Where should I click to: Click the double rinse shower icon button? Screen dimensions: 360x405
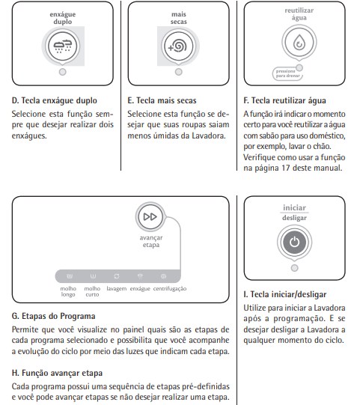(x=63, y=46)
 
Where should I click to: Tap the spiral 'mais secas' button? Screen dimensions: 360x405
(x=178, y=46)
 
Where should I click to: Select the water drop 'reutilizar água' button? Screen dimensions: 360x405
(x=299, y=42)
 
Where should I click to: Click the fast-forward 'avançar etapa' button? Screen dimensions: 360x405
(x=150, y=216)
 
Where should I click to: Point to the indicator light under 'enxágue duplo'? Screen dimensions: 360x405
(x=63, y=72)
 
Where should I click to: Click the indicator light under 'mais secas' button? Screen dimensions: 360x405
(x=178, y=72)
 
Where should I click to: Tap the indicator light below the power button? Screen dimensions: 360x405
(x=294, y=268)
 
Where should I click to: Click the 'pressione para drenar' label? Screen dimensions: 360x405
(x=287, y=73)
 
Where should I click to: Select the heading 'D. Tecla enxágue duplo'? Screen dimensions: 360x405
(x=54, y=100)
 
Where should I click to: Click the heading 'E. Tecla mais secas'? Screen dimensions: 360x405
(x=162, y=100)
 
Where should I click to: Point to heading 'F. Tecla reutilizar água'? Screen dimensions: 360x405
(x=284, y=100)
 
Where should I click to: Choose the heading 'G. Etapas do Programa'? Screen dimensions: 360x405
(x=53, y=316)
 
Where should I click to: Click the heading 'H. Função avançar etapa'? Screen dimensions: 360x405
(x=57, y=373)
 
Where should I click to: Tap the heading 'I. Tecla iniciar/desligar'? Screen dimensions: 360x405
(x=285, y=294)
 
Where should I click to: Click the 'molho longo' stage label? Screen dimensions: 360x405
(x=68, y=291)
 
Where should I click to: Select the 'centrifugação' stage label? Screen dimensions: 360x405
(x=170, y=289)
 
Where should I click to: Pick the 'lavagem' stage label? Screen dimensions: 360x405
(x=117, y=289)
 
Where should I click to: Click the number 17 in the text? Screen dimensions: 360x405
(x=286, y=168)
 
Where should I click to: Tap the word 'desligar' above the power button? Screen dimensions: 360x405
(x=294, y=218)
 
